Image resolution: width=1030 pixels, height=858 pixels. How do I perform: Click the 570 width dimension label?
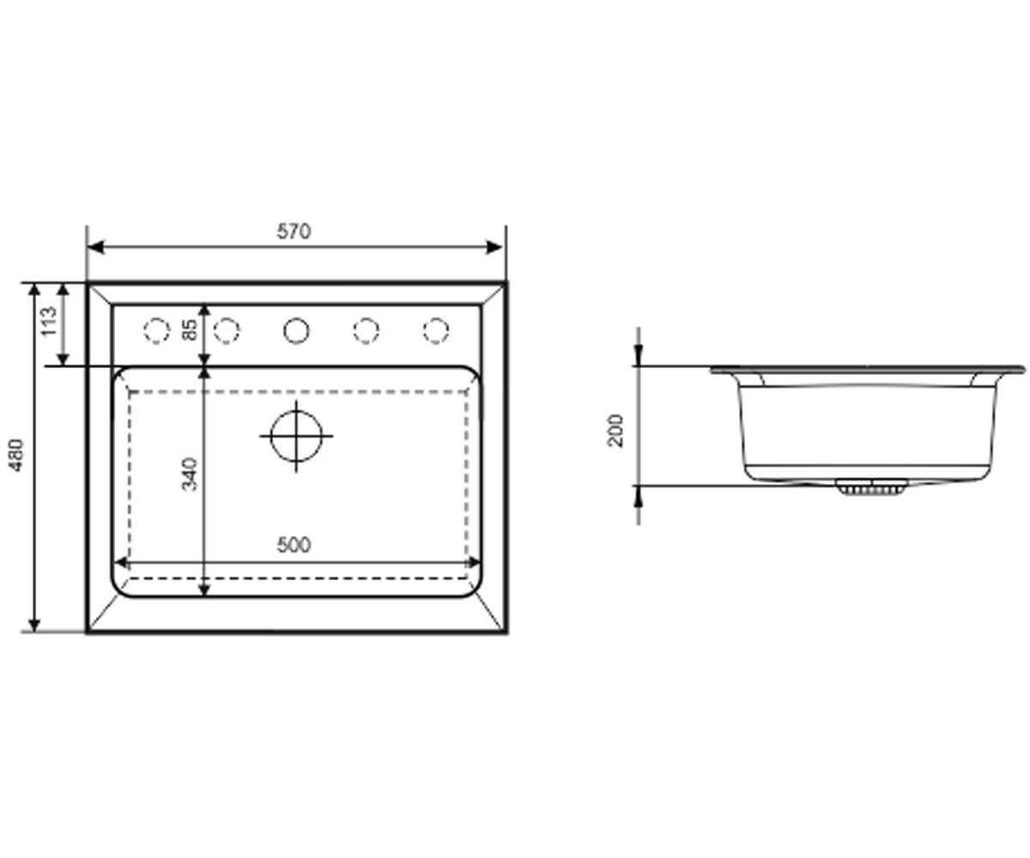(294, 231)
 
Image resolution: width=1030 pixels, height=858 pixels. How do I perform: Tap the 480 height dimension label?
(17, 455)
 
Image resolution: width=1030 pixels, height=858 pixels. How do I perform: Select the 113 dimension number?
(49, 322)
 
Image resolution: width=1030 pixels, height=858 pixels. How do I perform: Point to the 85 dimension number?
(190, 329)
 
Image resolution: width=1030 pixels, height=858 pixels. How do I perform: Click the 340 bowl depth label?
(190, 474)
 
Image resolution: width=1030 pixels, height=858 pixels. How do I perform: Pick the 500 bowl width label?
(294, 545)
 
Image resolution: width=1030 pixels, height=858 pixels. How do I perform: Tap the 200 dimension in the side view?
(615, 431)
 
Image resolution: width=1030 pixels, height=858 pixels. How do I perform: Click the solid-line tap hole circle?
(296, 330)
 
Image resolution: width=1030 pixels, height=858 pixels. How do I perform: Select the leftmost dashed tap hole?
(157, 330)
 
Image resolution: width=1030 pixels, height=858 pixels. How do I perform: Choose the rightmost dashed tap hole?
(436, 330)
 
